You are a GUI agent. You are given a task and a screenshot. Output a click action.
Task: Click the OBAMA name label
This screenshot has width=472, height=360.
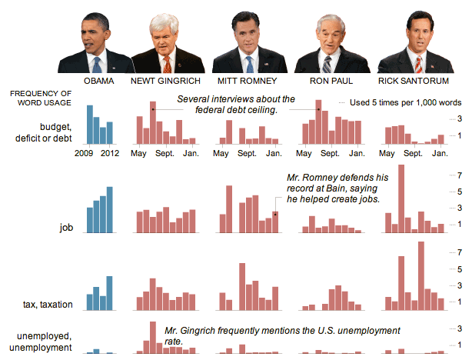[x=98, y=80]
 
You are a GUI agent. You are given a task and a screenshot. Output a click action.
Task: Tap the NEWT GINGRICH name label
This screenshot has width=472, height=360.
[x=165, y=80]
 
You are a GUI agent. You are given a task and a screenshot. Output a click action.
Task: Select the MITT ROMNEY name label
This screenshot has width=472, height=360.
[x=248, y=80]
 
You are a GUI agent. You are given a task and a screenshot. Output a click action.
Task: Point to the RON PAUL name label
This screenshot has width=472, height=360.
[x=330, y=80]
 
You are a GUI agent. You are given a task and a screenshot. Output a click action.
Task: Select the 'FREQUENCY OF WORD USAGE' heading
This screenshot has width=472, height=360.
[x=41, y=98]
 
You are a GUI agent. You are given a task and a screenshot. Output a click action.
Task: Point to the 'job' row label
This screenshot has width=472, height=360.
[x=66, y=228]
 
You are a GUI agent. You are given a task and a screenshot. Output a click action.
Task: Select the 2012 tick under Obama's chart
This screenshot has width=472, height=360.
[x=111, y=152]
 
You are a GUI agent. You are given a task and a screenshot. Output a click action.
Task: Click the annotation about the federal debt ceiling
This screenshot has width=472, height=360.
[x=235, y=105]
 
